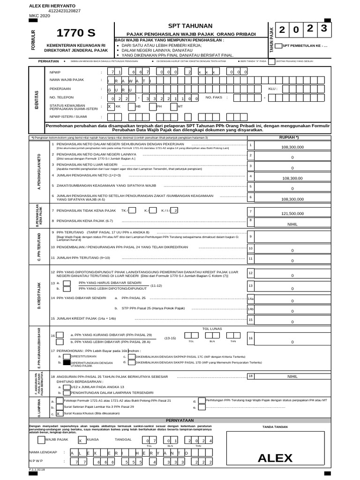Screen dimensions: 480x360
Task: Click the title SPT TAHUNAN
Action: click(190, 26)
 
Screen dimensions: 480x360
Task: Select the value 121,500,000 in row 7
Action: click(292, 213)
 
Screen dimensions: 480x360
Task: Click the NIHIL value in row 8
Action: click(292, 224)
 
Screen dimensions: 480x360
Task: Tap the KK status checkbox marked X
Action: click(111, 106)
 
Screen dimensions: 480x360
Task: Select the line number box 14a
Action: click(251, 299)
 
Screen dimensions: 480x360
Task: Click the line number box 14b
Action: click(251, 309)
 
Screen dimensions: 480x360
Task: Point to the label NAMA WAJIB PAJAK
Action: click(67, 80)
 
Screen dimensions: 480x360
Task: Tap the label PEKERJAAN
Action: click(60, 89)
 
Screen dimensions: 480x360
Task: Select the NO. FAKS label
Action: click(215, 97)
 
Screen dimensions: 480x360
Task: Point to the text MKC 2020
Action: click(39, 15)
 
